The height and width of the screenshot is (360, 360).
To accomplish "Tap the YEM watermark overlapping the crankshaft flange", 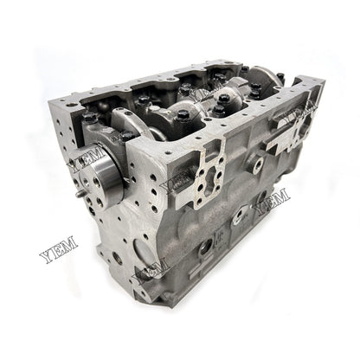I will (86, 160).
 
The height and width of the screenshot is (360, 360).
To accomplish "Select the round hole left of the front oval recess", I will (117, 257).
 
